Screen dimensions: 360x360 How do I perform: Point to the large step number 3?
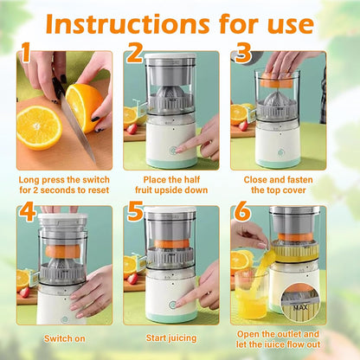pos(243,54)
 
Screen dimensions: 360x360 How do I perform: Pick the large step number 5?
pos(133,212)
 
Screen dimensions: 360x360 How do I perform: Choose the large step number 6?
pos(242,212)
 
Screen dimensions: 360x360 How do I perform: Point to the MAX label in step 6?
pos(300,305)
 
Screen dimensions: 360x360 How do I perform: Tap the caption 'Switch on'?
pos(63,338)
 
